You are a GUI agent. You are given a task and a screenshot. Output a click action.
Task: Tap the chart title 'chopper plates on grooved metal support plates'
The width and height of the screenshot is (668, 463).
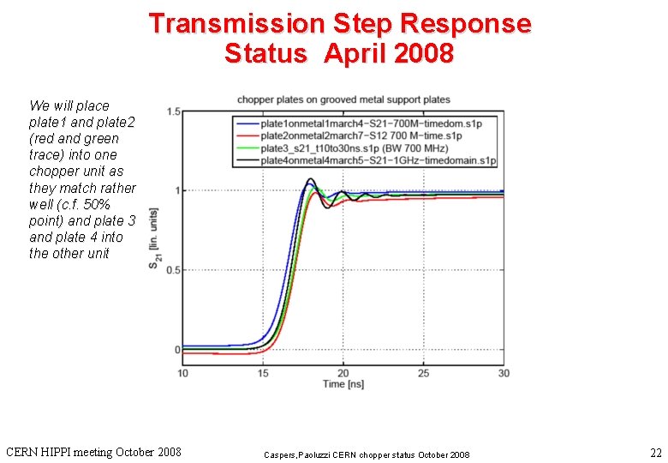343,99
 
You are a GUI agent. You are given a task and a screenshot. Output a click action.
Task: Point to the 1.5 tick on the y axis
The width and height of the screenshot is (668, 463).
173,112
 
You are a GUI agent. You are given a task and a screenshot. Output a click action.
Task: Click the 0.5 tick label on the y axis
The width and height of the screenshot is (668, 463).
173,270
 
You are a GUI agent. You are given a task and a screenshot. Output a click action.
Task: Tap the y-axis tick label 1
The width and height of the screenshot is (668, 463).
176,191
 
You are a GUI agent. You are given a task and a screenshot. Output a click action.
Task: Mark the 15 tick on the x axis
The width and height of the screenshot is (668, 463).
263,373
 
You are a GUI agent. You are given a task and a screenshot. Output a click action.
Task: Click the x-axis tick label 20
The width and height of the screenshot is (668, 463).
343,373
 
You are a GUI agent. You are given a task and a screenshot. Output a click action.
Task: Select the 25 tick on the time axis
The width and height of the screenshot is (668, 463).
423,373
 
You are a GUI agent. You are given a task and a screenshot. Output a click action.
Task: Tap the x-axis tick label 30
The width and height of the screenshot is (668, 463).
503,373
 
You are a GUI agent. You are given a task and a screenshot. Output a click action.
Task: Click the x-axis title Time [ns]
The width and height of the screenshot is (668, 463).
343,384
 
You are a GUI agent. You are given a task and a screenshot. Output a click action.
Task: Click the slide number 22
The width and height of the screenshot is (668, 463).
655,452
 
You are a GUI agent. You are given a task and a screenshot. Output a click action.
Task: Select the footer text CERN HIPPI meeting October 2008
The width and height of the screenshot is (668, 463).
93,451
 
